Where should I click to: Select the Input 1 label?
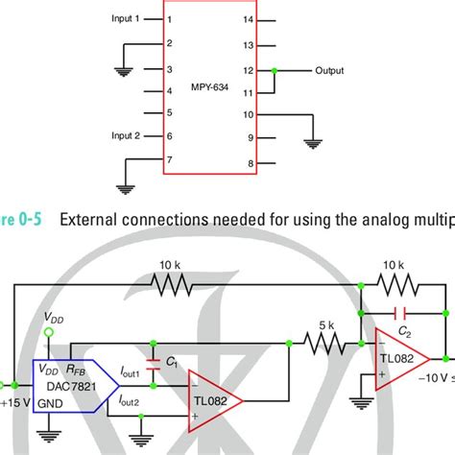click(125, 18)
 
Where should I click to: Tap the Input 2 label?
click(125, 135)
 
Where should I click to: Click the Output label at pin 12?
click(329, 70)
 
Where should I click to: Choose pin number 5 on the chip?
click(169, 112)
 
